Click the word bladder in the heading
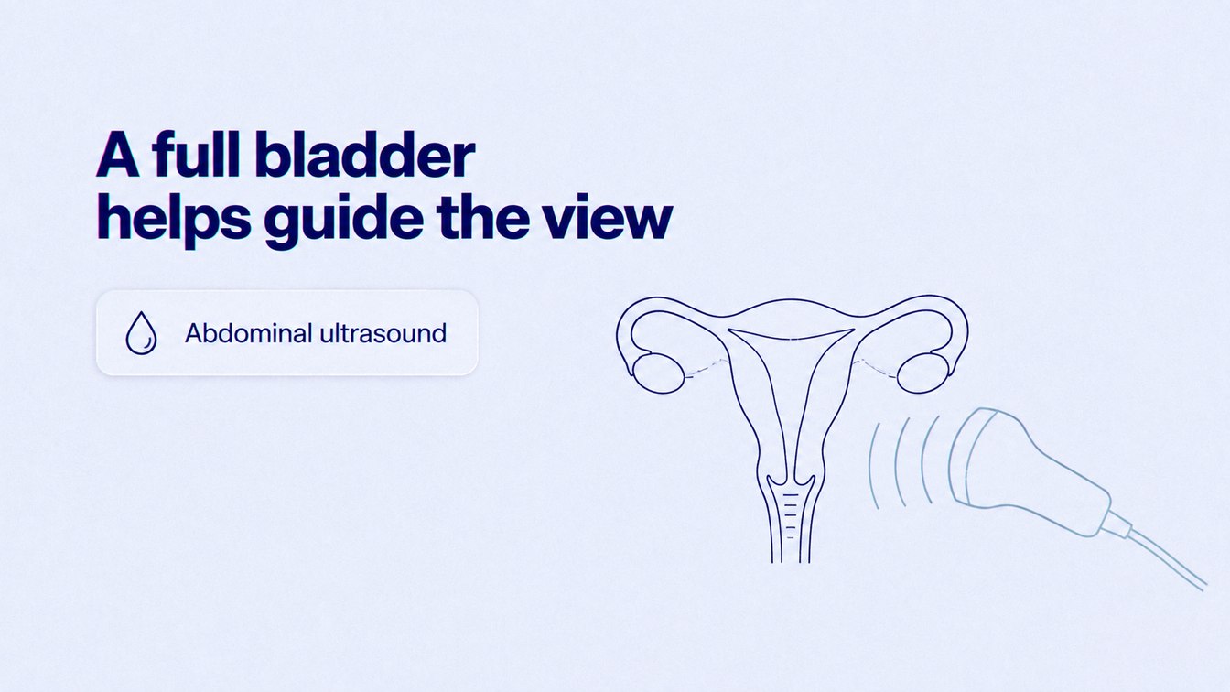point(365,155)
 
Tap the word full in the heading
point(197,154)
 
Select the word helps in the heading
point(174,219)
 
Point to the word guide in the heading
point(344,220)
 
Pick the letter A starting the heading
point(118,155)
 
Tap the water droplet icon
point(141,333)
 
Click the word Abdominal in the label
point(248,333)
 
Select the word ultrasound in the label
point(383,333)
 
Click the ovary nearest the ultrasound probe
point(923,373)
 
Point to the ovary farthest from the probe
point(658,373)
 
